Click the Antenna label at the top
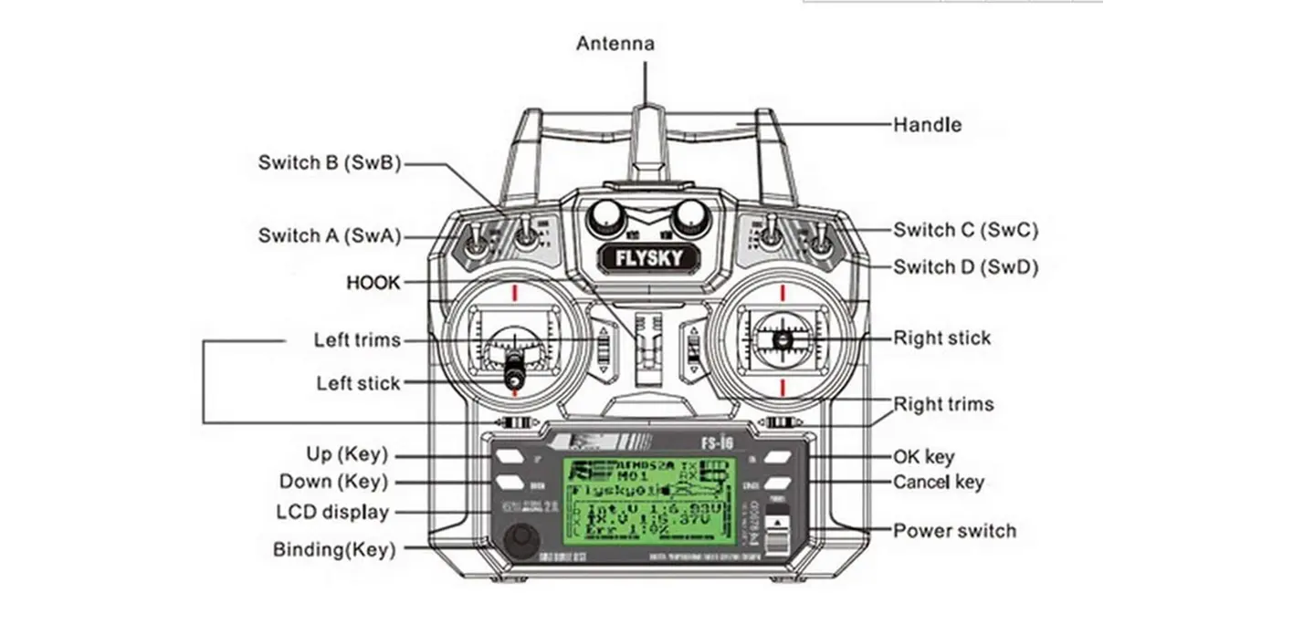point(615,43)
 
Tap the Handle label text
point(927,124)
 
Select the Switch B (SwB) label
point(329,163)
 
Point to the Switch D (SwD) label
point(965,267)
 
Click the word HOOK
point(373,283)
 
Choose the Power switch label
point(953,530)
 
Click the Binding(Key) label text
point(333,549)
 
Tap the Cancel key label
point(938,482)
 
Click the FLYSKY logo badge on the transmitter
point(649,258)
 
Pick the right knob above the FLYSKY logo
point(690,216)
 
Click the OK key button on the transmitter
point(777,457)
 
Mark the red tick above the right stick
point(783,292)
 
